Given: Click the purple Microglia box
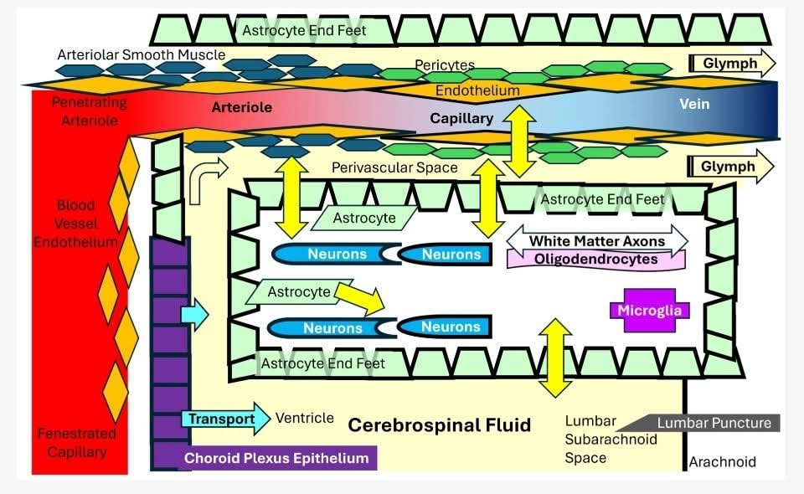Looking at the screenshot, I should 650,311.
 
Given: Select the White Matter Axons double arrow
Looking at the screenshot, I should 596,241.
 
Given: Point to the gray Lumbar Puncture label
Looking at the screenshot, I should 714,423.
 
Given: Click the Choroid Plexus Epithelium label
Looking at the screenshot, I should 276,458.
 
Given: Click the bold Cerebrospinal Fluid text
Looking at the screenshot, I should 439,425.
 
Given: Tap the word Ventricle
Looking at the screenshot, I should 305,418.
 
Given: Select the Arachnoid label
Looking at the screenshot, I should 722,461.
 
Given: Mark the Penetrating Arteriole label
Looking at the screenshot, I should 89,111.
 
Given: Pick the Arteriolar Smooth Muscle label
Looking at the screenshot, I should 141,55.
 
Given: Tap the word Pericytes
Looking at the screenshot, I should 445,64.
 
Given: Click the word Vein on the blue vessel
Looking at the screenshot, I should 694,105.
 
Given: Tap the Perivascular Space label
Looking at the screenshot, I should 394,167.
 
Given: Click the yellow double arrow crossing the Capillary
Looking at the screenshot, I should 519,140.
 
